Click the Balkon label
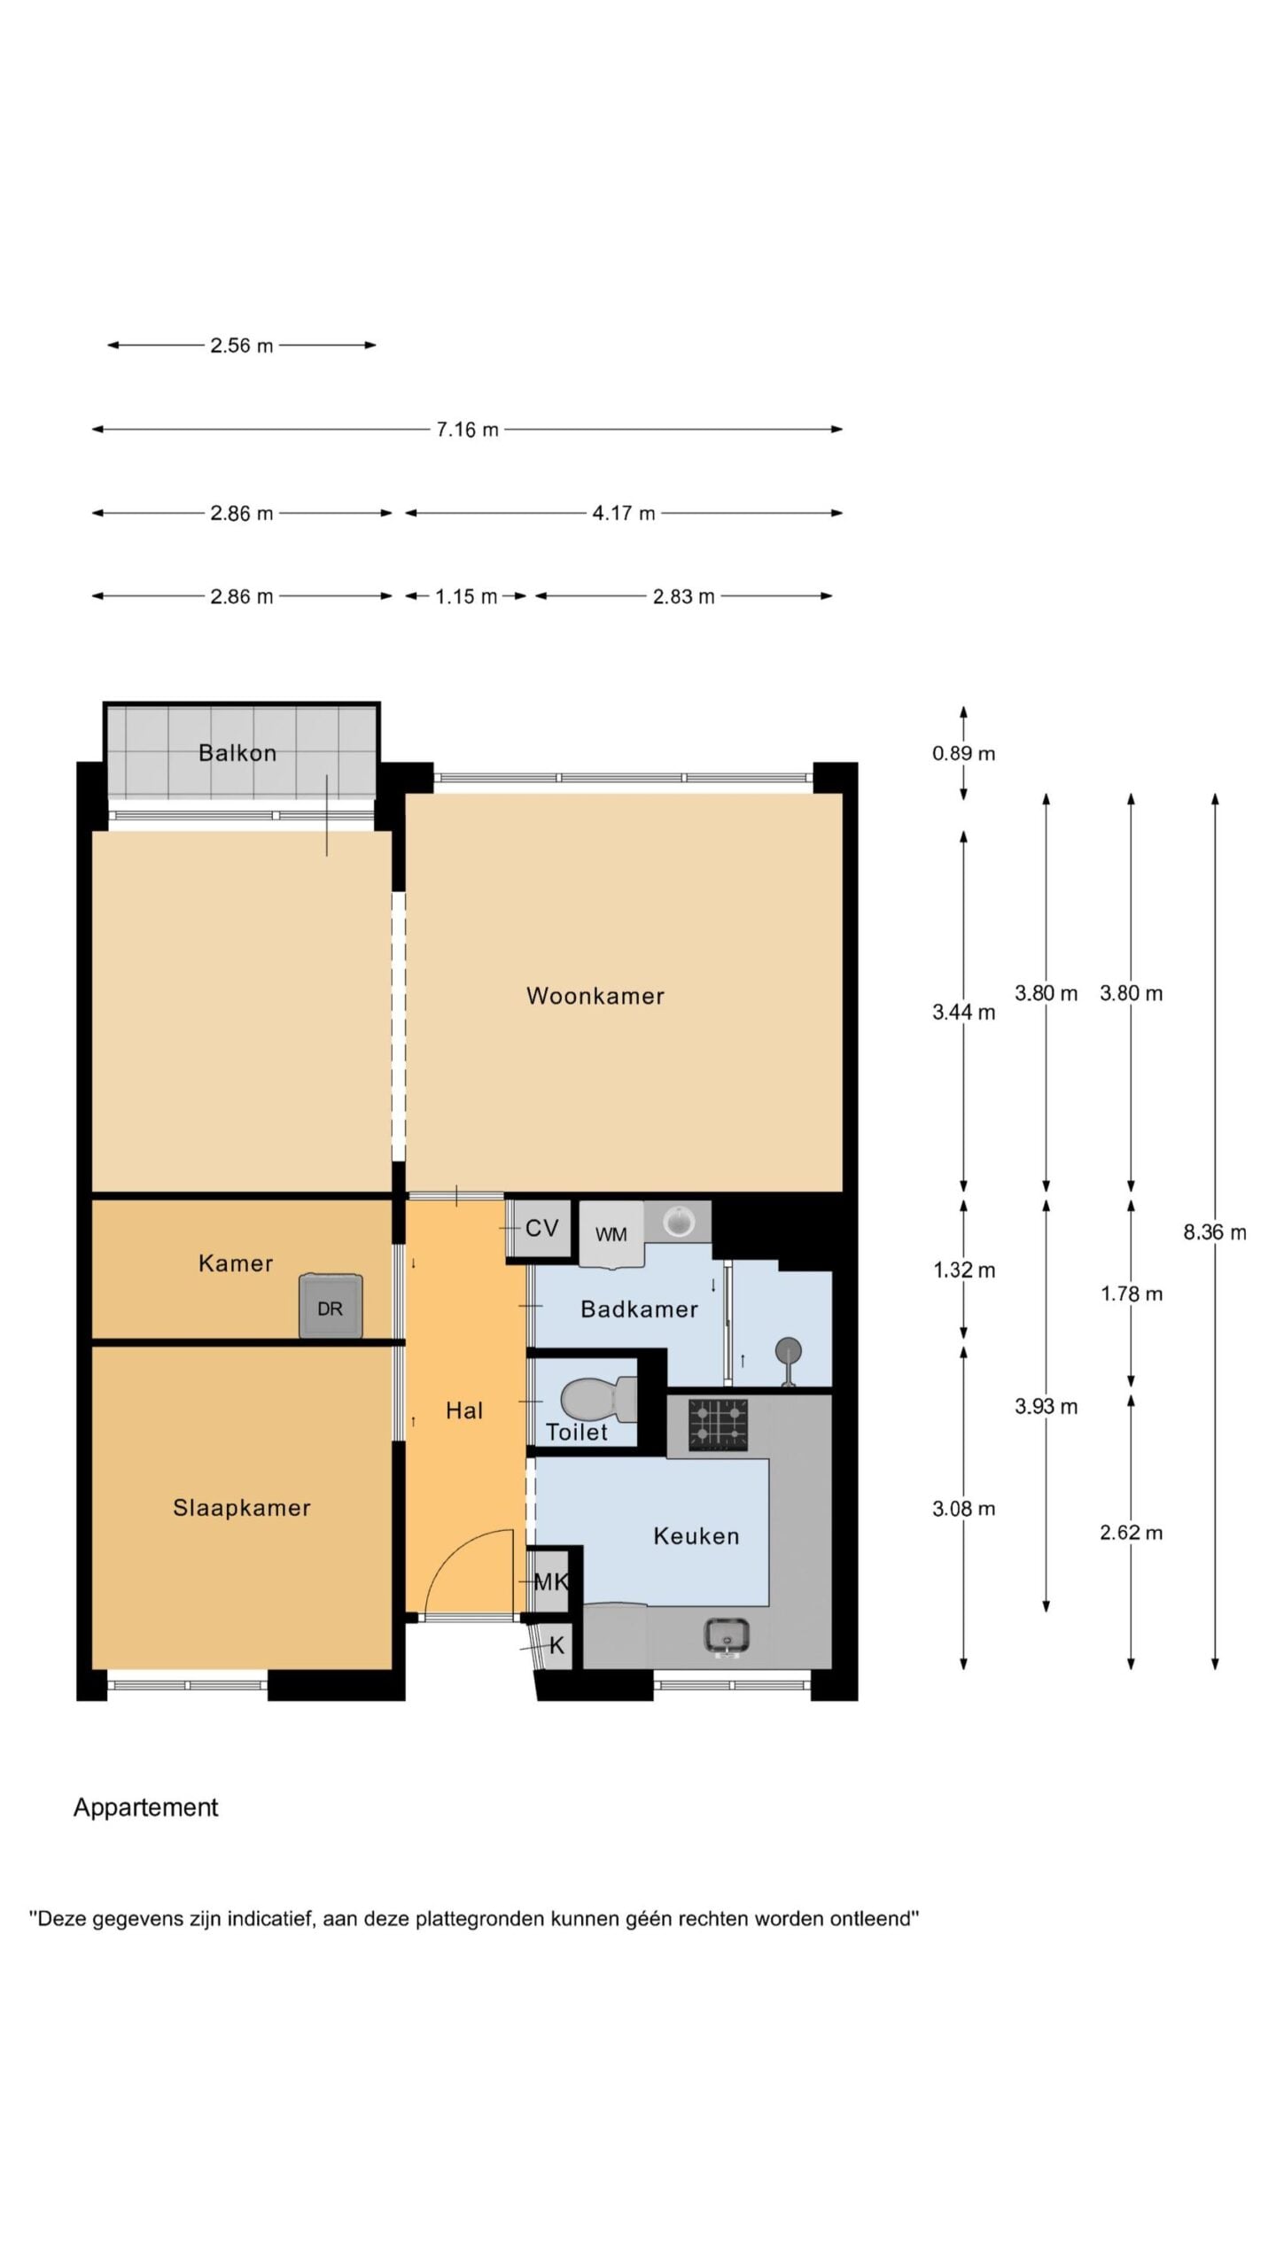pyautogui.click(x=237, y=753)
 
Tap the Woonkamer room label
pyautogui.click(x=595, y=996)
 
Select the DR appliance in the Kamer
pyautogui.click(x=331, y=1306)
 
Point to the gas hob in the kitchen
pyautogui.click(x=718, y=1425)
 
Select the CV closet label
pyautogui.click(x=541, y=1228)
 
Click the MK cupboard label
pyautogui.click(x=551, y=1581)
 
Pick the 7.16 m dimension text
pyautogui.click(x=467, y=430)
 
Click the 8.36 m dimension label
pyautogui.click(x=1215, y=1232)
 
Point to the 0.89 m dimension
pyautogui.click(x=963, y=754)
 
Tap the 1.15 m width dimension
pyautogui.click(x=466, y=597)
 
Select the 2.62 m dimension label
pyautogui.click(x=1131, y=1534)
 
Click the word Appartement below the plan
pyautogui.click(x=145, y=1808)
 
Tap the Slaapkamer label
pyautogui.click(x=242, y=1508)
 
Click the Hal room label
pyautogui.click(x=464, y=1410)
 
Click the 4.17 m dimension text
pyautogui.click(x=624, y=514)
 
